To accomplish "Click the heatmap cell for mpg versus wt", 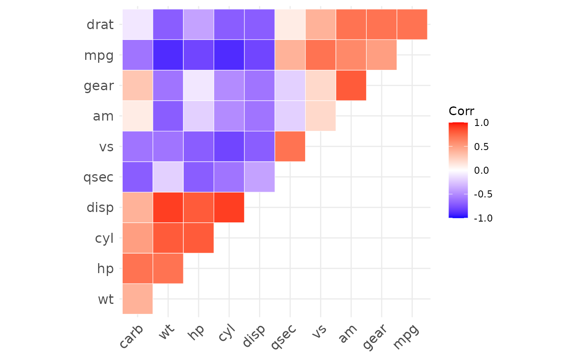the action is tap(168, 55).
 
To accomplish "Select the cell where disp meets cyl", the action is tap(229, 207).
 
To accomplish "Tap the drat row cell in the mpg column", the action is tap(412, 25).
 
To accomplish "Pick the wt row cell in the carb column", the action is tap(138, 299).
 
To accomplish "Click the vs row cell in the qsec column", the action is tap(290, 146).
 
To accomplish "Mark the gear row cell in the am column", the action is tap(351, 85).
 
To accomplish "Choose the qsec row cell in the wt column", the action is tap(168, 177).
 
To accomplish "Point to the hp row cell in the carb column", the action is tap(138, 268).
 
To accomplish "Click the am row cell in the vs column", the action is tap(321, 116).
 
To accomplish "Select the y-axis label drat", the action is tap(100, 25).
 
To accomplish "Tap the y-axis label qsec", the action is tap(99, 178).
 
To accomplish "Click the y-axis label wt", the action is tap(106, 299).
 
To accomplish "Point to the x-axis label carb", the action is tap(131, 336).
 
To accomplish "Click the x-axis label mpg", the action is tap(406, 337).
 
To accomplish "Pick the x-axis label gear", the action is tap(375, 337).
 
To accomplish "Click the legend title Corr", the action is tap(461, 111).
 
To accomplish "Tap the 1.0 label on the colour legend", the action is tap(481, 123).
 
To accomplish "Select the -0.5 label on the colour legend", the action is tap(483, 194).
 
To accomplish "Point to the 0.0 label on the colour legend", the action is tap(481, 170).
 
